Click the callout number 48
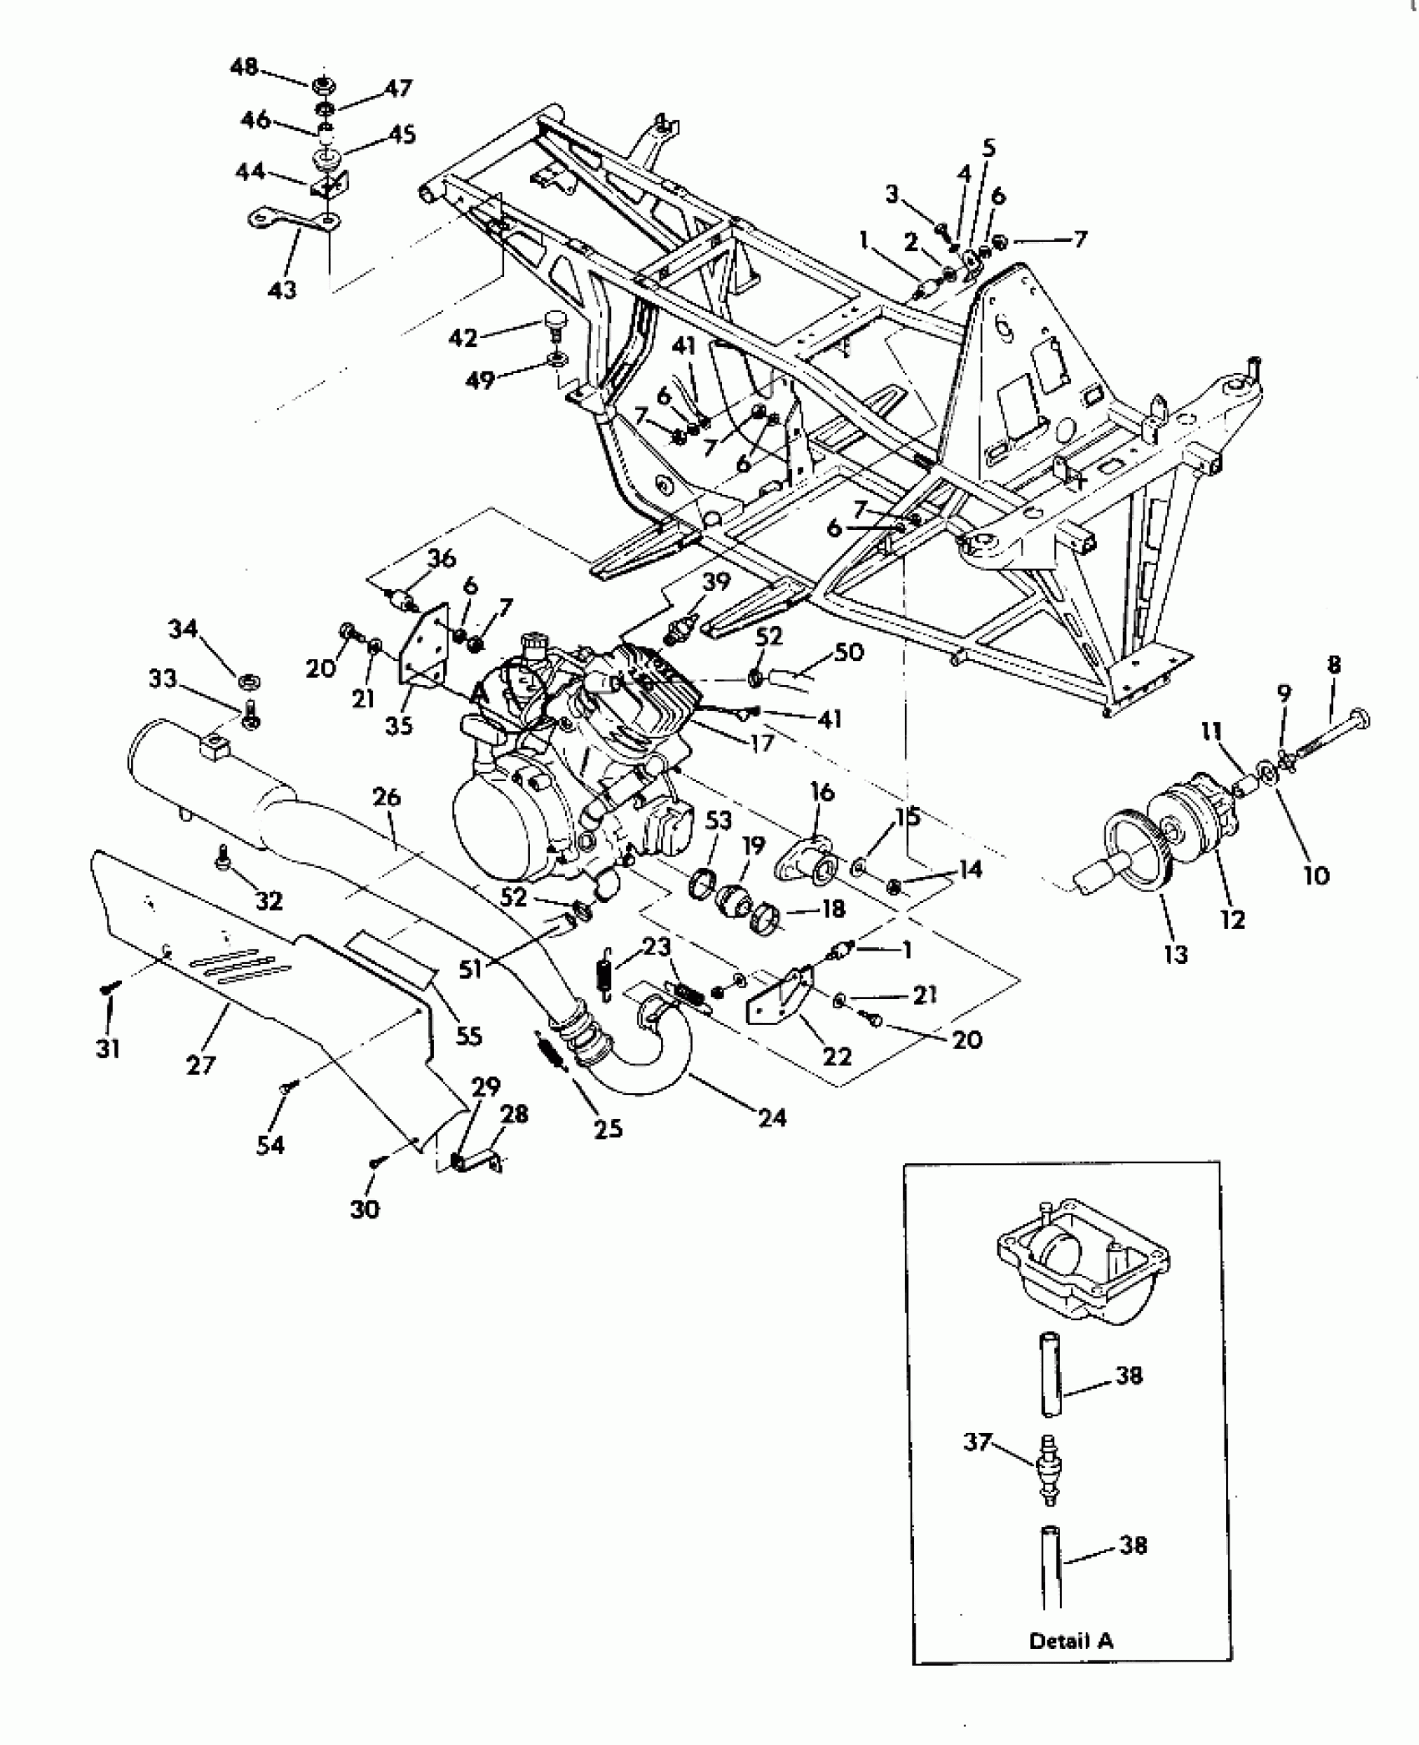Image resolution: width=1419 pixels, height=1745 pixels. [244, 68]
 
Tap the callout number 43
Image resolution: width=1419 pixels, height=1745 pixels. [282, 290]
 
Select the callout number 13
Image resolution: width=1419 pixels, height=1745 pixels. [1174, 953]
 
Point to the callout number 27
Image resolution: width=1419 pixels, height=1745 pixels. [201, 1065]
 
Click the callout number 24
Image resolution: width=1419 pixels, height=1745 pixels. [771, 1117]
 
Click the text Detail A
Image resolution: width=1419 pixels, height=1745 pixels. [1071, 1642]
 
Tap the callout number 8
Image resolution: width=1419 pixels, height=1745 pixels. [1333, 665]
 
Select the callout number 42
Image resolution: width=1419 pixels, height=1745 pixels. [463, 338]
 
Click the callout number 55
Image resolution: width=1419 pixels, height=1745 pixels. [468, 1036]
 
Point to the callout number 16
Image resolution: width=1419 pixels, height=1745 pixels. [821, 792]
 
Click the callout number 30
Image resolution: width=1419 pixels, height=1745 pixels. [365, 1208]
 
